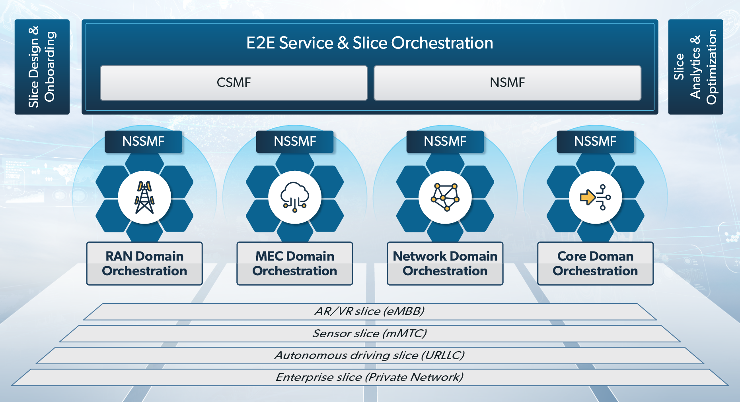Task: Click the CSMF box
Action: [234, 83]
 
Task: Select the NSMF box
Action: [507, 83]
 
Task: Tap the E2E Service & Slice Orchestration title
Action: [370, 43]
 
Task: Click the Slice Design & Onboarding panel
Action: [42, 67]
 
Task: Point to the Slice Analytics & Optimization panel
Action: [695, 67]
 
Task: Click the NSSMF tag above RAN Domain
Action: [143, 141]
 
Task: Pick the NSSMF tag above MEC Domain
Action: [295, 141]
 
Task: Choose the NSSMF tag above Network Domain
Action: [445, 141]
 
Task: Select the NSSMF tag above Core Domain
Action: [595, 141]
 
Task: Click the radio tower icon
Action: [144, 197]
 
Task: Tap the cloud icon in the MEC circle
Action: [295, 197]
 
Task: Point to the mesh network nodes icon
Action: [445, 197]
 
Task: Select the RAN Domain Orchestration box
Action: [144, 263]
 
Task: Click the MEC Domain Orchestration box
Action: [295, 263]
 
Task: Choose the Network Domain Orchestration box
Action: [445, 263]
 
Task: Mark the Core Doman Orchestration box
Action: [595, 263]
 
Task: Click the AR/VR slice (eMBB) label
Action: [370, 311]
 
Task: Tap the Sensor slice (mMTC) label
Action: [370, 333]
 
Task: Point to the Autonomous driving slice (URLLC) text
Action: [370, 355]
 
